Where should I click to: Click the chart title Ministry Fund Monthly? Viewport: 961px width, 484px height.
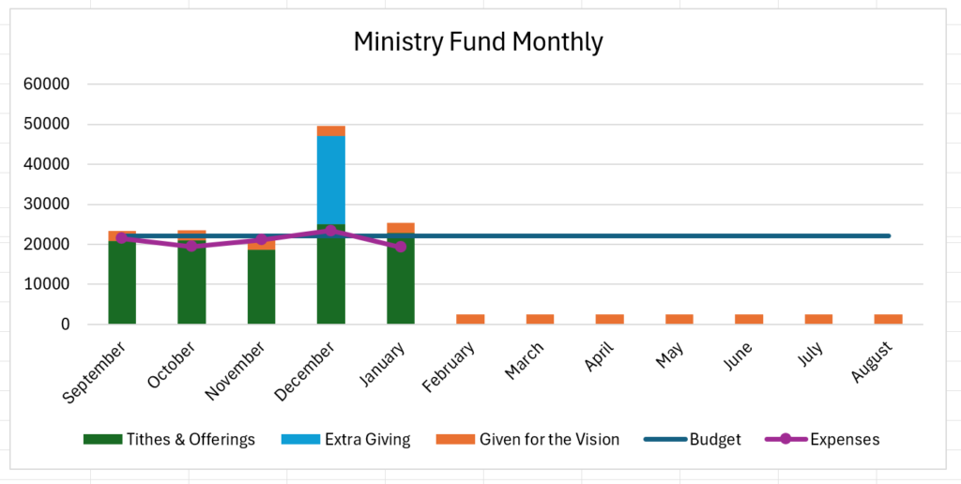478,42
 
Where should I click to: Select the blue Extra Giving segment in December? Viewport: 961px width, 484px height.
330,180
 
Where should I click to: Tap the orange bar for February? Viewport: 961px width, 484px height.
470,319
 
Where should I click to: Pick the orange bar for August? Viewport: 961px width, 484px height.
888,319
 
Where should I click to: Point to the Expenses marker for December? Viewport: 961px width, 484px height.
330,231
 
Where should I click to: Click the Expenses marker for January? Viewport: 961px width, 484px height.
401,247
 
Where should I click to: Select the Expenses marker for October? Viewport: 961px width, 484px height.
191,246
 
